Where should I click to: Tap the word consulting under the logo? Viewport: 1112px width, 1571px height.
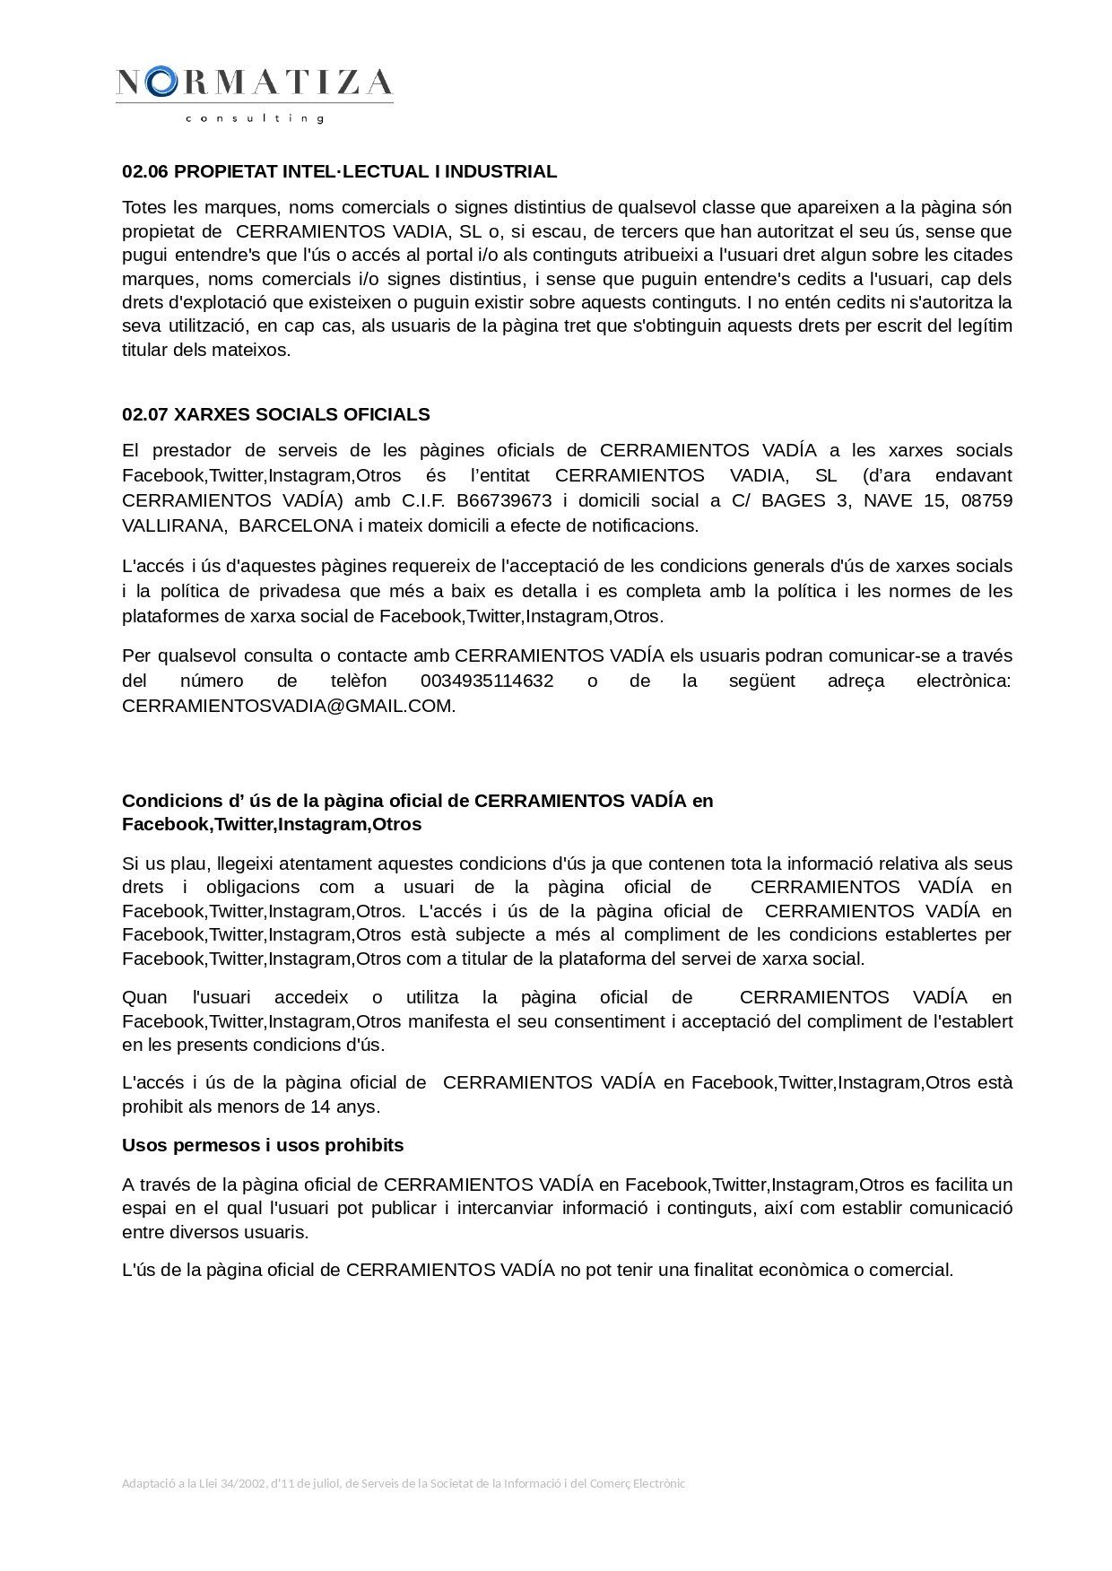tap(254, 118)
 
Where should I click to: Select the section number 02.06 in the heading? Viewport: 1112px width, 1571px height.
tap(145, 171)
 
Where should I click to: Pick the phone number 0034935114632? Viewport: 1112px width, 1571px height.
tap(487, 681)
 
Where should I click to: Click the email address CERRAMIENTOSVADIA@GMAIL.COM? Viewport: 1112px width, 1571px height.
tap(287, 706)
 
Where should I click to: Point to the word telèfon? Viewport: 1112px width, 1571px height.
tap(359, 681)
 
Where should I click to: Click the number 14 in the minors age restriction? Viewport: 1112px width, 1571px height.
tap(320, 1107)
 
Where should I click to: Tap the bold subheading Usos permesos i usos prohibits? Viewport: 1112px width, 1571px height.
tap(263, 1145)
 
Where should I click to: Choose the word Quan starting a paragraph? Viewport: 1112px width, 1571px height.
tap(144, 997)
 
